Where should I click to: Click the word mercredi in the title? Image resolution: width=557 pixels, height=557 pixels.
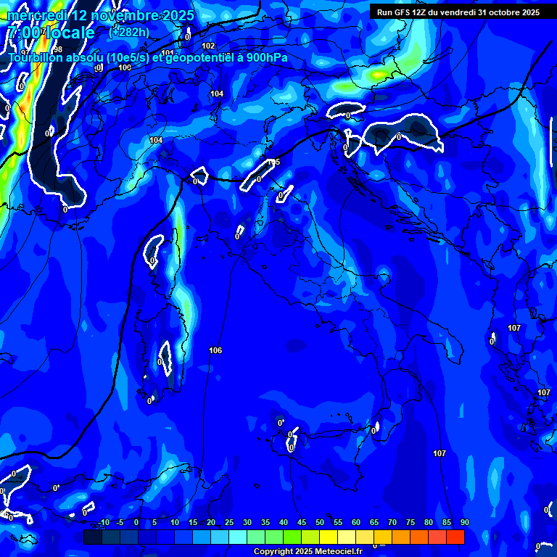point(36,15)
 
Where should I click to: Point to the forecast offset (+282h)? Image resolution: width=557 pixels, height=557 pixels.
point(129,32)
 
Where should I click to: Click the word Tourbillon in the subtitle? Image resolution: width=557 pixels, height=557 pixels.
point(38,58)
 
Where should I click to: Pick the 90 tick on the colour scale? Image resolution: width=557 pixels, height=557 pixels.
point(464,523)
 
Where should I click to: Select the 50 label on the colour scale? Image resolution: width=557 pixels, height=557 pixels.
point(320,523)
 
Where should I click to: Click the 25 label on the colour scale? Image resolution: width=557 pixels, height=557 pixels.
point(229,523)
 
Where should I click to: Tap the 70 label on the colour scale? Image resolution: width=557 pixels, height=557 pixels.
point(392,523)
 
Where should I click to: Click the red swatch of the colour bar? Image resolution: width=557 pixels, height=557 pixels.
point(455,537)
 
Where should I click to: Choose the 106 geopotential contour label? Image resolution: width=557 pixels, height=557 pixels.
point(215,350)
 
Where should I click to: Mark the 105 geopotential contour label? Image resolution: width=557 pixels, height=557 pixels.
point(273,162)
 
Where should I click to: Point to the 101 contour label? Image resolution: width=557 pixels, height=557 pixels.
point(168,52)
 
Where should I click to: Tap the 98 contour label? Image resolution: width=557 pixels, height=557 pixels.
point(58,49)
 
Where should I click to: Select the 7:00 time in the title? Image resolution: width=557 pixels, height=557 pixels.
point(21,33)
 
